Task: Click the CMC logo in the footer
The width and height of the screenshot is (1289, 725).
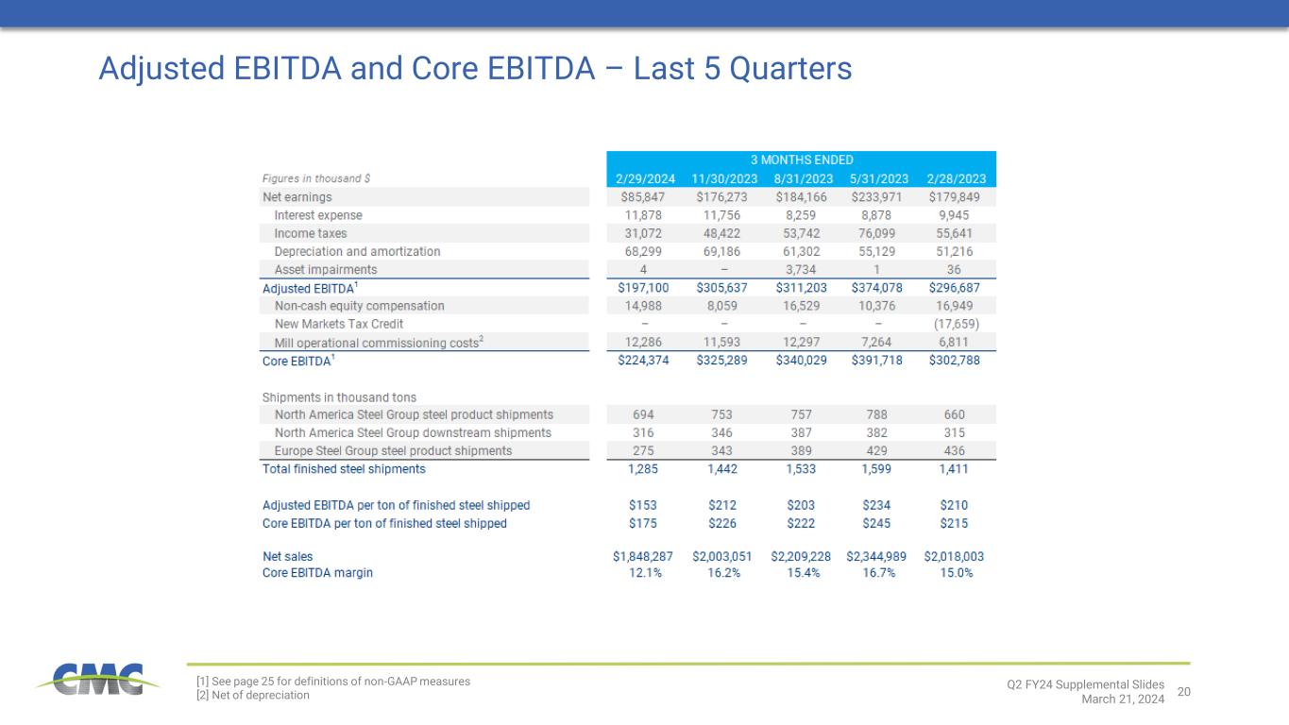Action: (x=91, y=680)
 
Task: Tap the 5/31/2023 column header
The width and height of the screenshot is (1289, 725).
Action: (x=879, y=178)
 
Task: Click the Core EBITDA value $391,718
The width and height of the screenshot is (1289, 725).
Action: (x=879, y=360)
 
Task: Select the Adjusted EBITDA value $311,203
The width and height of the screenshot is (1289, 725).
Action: (x=801, y=288)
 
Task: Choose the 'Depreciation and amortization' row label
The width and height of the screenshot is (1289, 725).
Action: (x=357, y=252)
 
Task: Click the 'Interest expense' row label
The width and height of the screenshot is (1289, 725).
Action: (x=318, y=215)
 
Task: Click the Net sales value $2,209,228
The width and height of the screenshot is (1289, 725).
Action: (x=801, y=557)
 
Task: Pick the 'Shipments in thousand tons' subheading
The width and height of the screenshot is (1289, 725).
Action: (x=339, y=397)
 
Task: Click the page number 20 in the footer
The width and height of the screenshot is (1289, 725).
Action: (x=1184, y=693)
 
